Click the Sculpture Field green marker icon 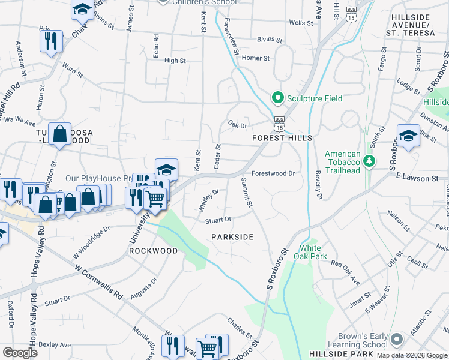point(277,97)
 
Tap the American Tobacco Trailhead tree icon point(370,161)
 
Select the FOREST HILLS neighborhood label point(282,138)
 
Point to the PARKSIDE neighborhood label point(232,237)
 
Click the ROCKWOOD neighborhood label point(153,250)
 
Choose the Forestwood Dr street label point(273,173)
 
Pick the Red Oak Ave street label point(345,265)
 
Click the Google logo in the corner point(20,352)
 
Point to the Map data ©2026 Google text point(412,355)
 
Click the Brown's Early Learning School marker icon point(397,340)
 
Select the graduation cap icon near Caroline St point(408,135)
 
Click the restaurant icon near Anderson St point(50,41)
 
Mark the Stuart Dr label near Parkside point(218,220)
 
